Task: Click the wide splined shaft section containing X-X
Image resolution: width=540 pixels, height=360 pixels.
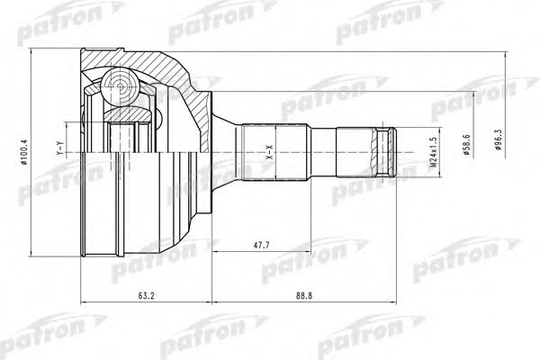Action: coord(274,148)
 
